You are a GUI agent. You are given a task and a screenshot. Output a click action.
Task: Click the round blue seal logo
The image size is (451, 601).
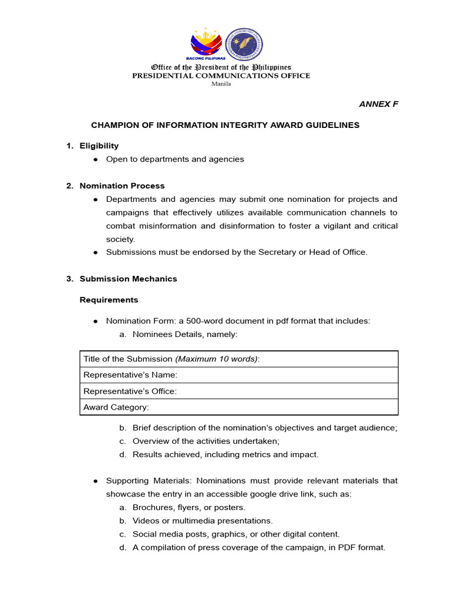click(x=244, y=43)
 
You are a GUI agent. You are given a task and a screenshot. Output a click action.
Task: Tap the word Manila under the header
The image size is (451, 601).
click(x=221, y=83)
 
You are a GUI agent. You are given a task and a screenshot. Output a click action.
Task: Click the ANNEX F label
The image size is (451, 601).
click(x=378, y=104)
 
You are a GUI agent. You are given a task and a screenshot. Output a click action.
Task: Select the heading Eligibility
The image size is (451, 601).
click(x=99, y=146)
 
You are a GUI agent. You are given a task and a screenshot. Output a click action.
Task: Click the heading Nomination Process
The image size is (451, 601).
click(x=122, y=185)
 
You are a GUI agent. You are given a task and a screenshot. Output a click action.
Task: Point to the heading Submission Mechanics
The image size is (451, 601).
click(x=128, y=279)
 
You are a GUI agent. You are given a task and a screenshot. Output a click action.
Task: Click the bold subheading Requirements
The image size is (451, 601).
click(x=109, y=300)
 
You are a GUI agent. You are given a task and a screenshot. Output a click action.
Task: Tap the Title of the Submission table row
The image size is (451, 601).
click(x=238, y=359)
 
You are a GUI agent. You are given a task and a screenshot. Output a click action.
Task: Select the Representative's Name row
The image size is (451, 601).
click(x=238, y=375)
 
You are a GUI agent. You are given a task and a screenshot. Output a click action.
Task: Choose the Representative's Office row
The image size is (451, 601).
click(x=238, y=391)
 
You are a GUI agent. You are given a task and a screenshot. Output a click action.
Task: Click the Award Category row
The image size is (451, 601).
click(x=238, y=407)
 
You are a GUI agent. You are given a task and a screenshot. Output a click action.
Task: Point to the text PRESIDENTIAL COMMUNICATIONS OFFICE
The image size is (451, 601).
click(x=221, y=75)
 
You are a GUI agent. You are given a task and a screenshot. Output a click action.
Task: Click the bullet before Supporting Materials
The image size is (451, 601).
click(x=96, y=481)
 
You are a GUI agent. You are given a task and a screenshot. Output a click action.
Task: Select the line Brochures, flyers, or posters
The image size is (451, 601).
click(x=189, y=507)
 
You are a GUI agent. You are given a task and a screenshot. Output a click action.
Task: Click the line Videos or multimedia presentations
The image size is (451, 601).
click(x=203, y=521)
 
